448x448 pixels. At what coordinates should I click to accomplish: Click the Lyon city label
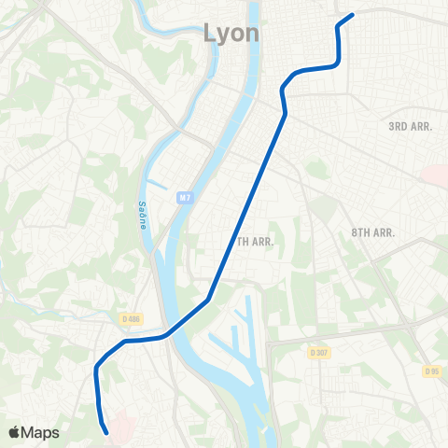click(x=232, y=34)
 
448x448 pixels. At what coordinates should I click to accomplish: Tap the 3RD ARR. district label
click(x=411, y=126)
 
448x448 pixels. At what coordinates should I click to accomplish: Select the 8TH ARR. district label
click(x=375, y=231)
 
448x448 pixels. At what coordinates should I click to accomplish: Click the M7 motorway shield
click(x=187, y=197)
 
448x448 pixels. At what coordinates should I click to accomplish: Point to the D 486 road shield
click(x=132, y=319)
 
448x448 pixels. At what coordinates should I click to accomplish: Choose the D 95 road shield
click(x=431, y=371)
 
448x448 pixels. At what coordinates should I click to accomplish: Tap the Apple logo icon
click(x=15, y=432)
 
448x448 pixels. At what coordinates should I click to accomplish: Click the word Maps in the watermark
click(x=42, y=432)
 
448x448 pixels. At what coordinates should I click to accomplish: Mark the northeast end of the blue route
click(x=352, y=15)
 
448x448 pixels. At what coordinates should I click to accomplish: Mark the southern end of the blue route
click(x=107, y=431)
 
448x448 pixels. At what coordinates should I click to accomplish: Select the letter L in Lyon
click(x=210, y=34)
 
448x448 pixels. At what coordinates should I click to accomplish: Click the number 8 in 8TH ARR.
click(x=356, y=231)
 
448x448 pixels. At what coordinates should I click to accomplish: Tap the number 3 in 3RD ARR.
click(x=392, y=126)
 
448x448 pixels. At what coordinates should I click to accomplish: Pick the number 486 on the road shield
click(x=136, y=319)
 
